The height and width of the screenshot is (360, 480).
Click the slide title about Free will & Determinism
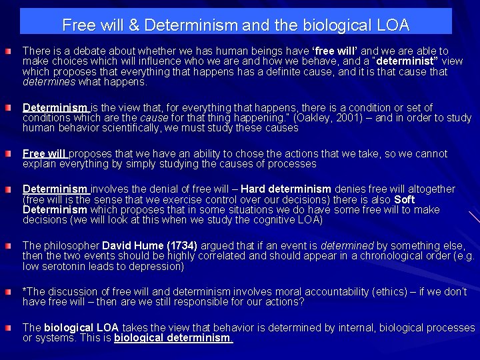(235, 26)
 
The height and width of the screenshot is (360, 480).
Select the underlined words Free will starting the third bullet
(45, 153)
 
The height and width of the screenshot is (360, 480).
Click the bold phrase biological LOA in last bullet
(81, 328)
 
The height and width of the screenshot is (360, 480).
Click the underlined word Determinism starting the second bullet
(55, 107)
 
